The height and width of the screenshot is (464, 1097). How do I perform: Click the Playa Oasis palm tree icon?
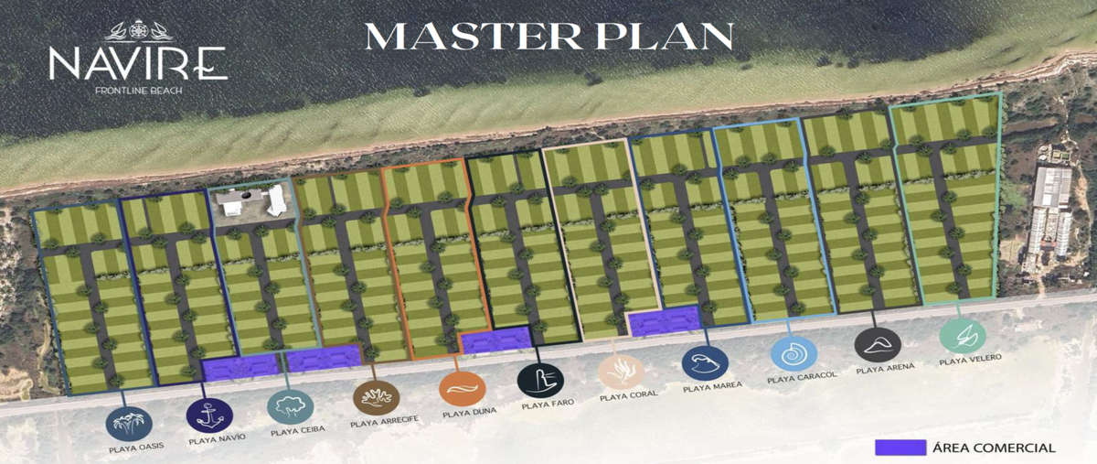129,424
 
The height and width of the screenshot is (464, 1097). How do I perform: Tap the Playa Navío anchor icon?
209,415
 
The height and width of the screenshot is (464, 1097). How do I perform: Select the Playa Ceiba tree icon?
291,406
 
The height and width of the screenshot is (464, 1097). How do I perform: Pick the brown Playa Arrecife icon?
376,398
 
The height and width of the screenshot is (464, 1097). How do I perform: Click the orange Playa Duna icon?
463,389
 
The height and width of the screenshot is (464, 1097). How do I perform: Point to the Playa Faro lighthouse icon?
540,381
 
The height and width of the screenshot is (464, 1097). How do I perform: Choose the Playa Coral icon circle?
621,372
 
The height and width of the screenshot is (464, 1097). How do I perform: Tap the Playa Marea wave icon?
705,363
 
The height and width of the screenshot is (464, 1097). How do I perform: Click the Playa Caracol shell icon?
793,353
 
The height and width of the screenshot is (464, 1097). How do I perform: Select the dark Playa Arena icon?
878,345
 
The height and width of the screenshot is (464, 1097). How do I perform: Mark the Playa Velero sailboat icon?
963,336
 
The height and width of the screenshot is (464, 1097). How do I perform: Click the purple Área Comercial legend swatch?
900,448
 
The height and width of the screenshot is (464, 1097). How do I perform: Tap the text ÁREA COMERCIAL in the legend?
994,448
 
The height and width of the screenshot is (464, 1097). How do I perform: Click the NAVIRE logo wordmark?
138,63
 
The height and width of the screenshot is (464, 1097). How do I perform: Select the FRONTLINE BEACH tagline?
139,91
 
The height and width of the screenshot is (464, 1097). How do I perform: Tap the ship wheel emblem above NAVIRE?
138,30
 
